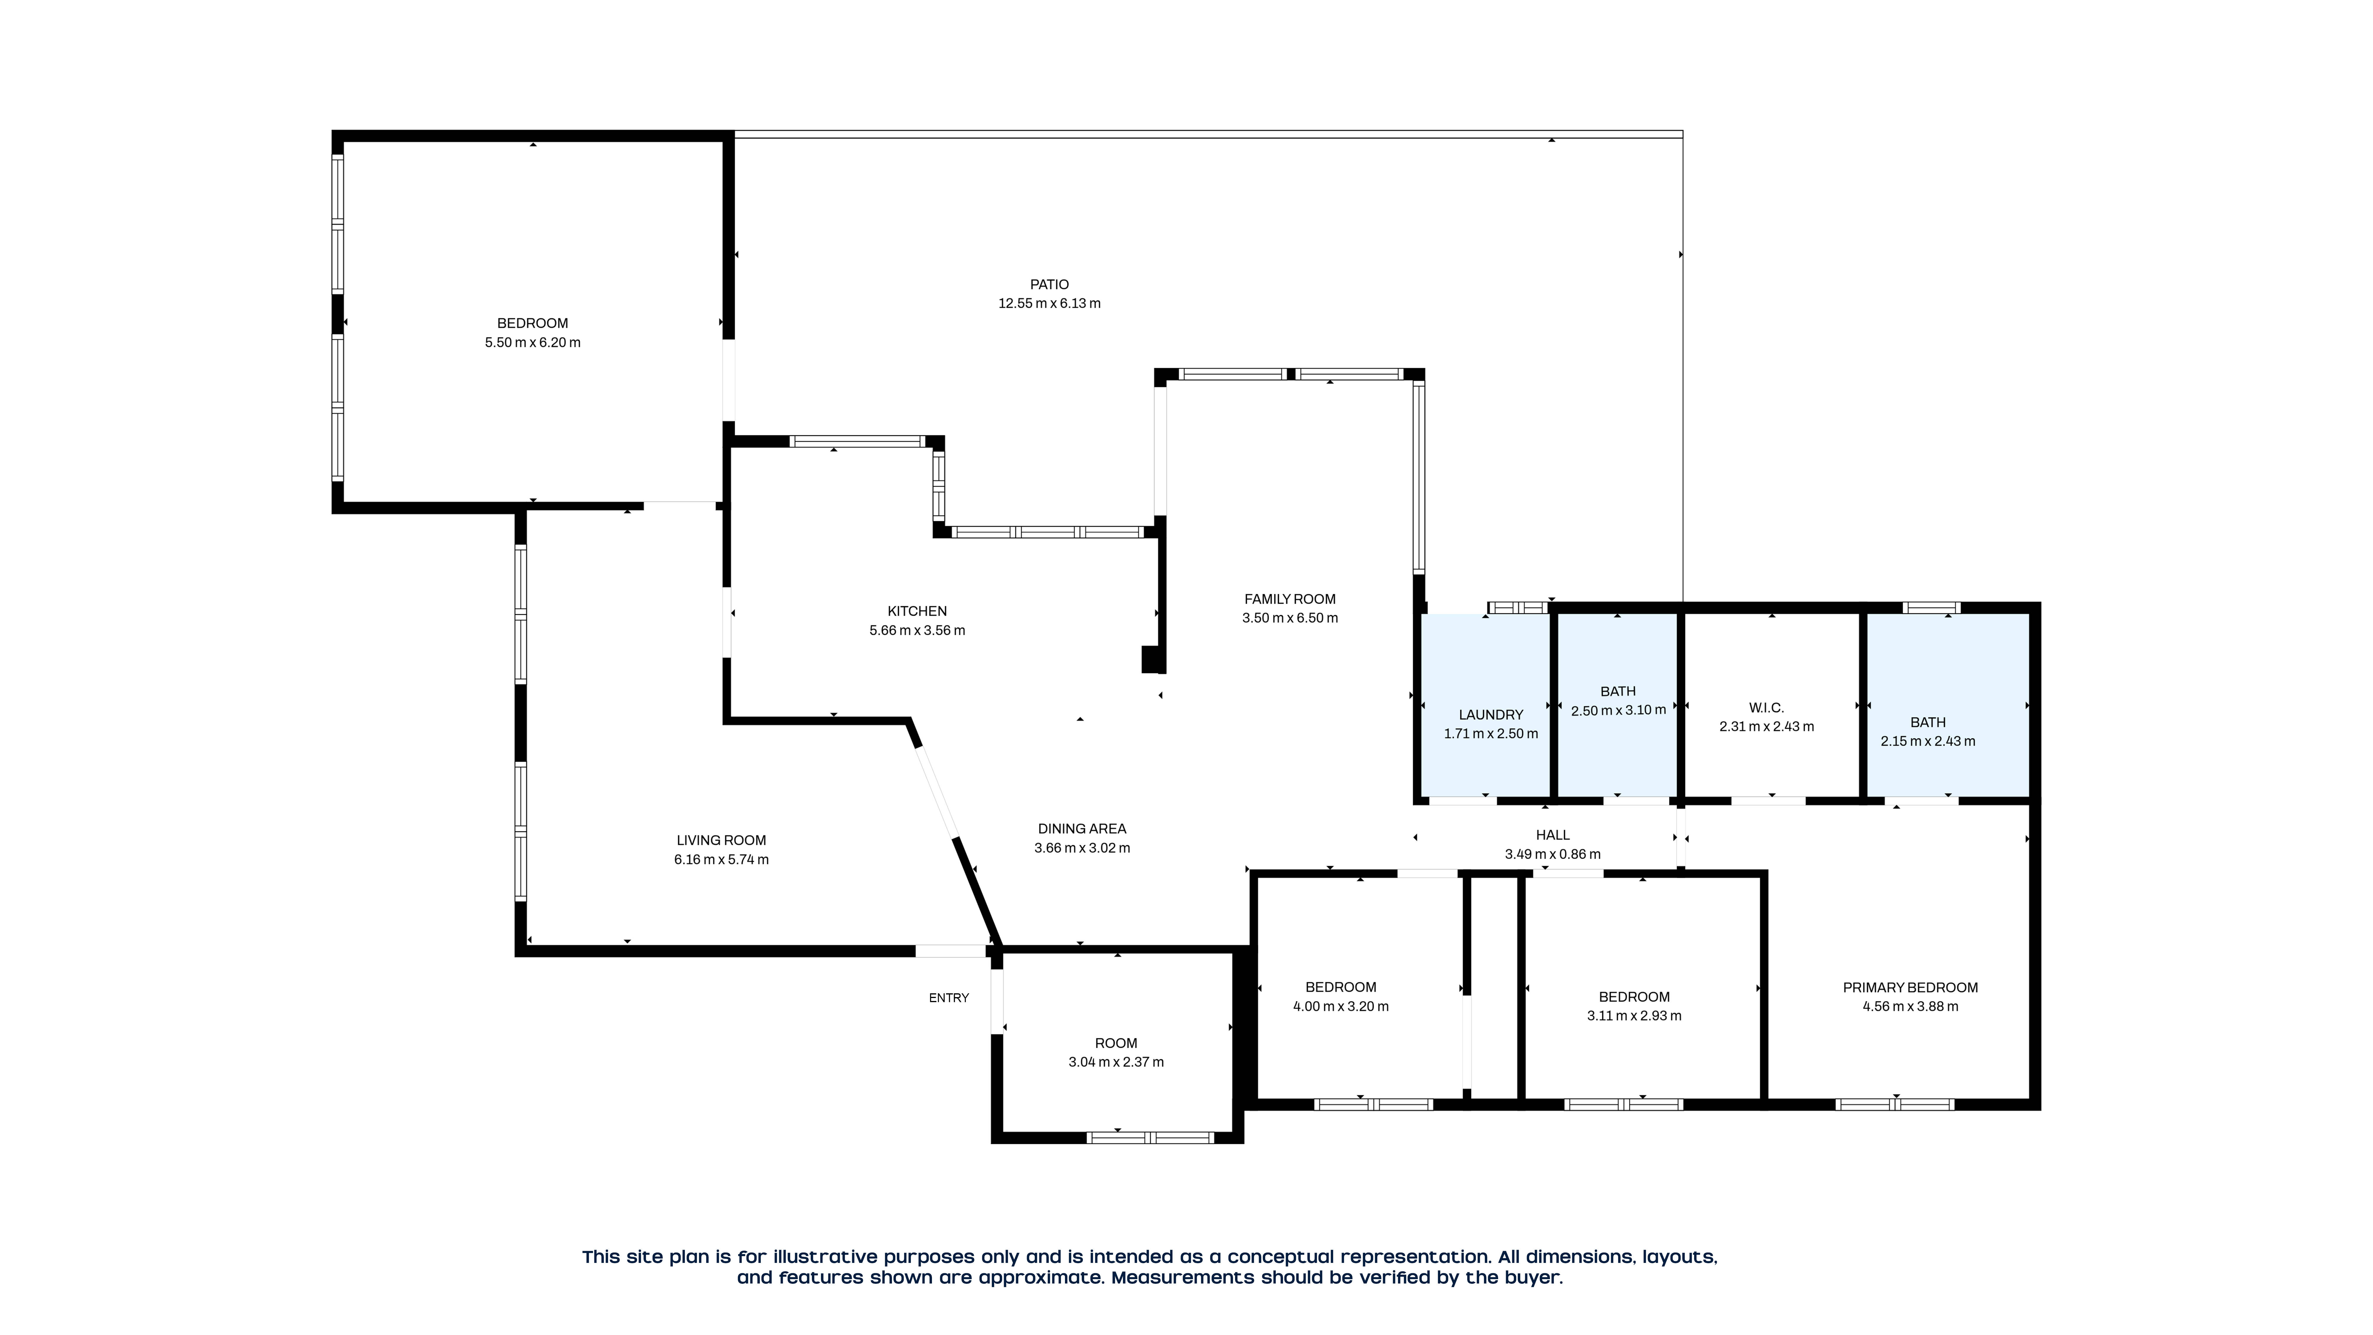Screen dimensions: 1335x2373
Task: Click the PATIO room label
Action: tap(1049, 285)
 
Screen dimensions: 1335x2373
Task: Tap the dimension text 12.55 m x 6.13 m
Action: tap(1049, 303)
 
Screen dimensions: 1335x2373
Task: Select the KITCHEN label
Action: tap(917, 611)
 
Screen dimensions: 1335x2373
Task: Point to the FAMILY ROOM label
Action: tap(1290, 599)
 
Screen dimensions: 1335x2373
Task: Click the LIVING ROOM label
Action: tap(721, 840)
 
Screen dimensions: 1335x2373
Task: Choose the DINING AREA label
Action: tap(1081, 828)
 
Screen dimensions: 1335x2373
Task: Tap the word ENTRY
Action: tap(949, 998)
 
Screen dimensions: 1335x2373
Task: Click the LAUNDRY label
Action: tap(1490, 715)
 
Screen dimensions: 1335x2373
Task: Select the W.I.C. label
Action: tap(1766, 708)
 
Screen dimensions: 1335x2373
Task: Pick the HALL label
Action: tap(1552, 835)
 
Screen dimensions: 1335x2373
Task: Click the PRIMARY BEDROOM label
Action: tap(1910, 988)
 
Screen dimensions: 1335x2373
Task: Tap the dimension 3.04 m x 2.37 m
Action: tap(1116, 1062)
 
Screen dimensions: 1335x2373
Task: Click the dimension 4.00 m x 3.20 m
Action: tap(1340, 1007)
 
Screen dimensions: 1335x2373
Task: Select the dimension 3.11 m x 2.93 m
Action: tap(1633, 1016)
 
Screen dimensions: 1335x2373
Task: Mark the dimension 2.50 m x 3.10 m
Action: tap(1618, 710)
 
